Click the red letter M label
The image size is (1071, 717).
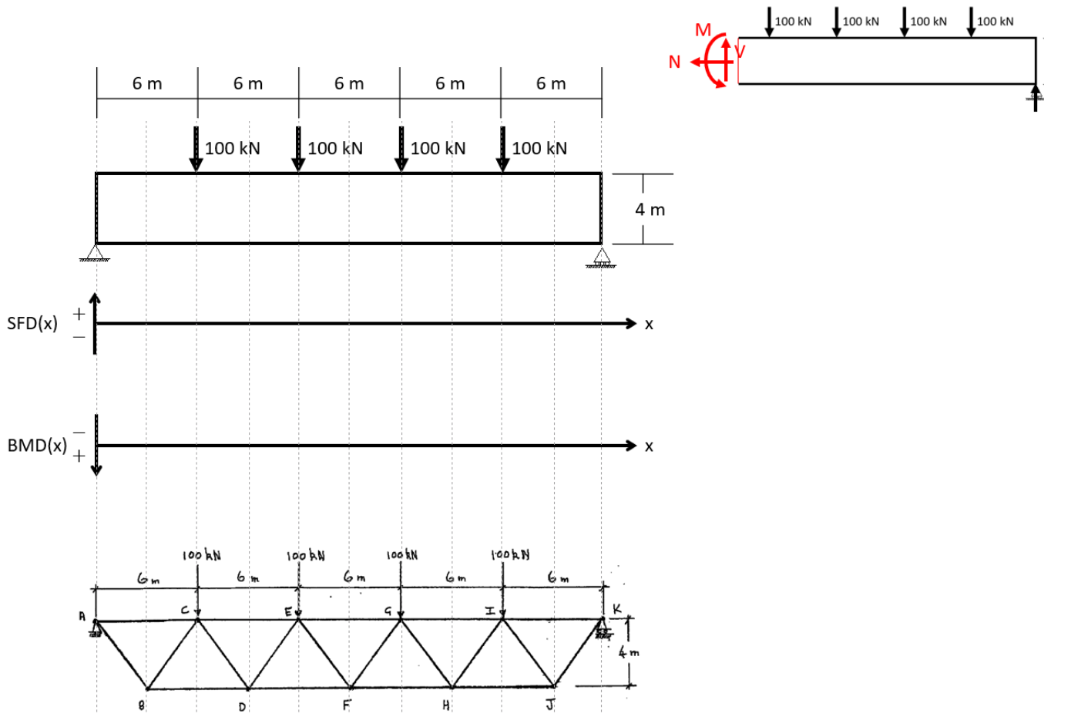click(703, 30)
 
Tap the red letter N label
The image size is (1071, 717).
click(675, 62)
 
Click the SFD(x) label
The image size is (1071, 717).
click(32, 323)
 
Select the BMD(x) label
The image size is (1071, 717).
click(37, 446)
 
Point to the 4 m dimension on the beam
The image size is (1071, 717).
click(650, 210)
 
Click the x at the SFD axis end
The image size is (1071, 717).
click(649, 325)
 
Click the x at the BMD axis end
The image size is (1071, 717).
click(649, 446)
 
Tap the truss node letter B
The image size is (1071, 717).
click(141, 705)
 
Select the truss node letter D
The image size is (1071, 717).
click(242, 706)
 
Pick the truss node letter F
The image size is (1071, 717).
click(346, 705)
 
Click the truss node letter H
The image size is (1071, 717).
click(446, 705)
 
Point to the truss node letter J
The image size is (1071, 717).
click(549, 705)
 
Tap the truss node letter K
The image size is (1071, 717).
click(616, 609)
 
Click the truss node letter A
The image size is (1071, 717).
click(81, 616)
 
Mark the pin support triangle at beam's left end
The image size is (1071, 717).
click(96, 252)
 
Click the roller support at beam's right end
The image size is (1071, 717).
click(601, 257)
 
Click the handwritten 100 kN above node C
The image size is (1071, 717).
click(202, 554)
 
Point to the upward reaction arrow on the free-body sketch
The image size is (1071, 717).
click(1036, 96)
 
